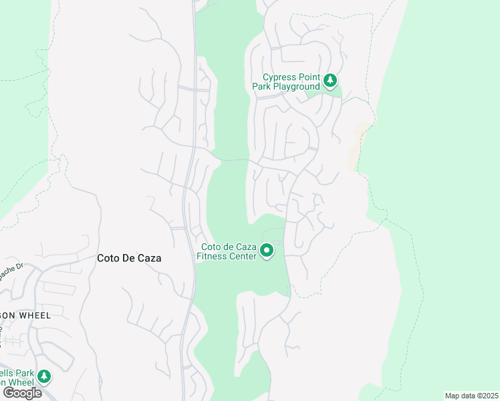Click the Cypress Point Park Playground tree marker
tap(330, 81)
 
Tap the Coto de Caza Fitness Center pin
tap(267, 251)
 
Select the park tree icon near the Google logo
tap(44, 376)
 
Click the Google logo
tap(22, 393)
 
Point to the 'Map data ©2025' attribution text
tap(471, 396)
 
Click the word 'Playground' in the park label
tap(295, 87)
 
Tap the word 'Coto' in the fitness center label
tap(209, 247)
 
